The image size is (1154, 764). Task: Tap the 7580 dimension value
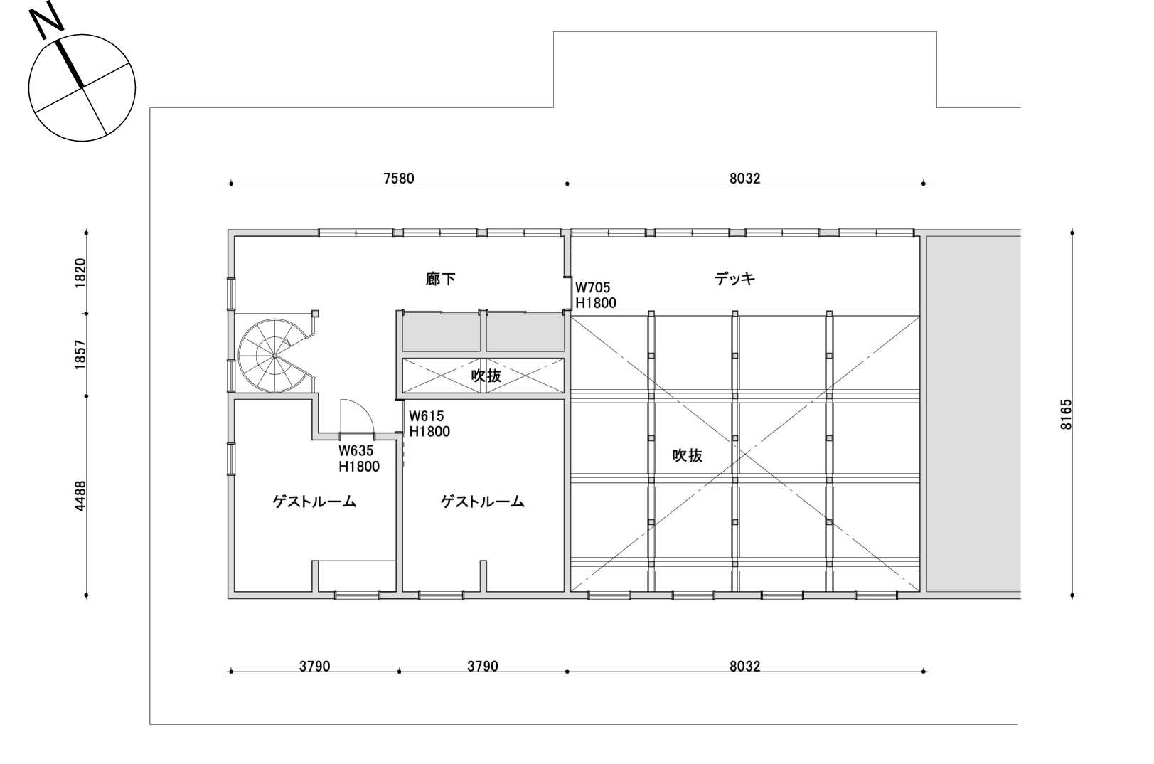[x=399, y=179]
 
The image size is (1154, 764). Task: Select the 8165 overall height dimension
[x=1066, y=414]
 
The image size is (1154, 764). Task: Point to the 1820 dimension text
[x=80, y=273]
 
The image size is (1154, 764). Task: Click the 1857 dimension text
[x=80, y=355]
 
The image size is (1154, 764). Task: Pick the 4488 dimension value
[x=80, y=496]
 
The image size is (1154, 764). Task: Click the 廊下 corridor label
[x=440, y=280]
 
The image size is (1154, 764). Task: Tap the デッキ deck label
[x=734, y=279]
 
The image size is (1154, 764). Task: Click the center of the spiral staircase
[x=274, y=356]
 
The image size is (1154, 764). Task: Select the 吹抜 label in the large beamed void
[x=688, y=456]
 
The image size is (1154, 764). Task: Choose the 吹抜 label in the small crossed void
[x=486, y=376]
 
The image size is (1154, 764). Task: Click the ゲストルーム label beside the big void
[x=482, y=502]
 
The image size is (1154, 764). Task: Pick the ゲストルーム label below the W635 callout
[x=314, y=502]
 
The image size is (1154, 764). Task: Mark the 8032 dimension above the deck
[x=745, y=179]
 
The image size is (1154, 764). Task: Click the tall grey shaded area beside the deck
[x=973, y=414]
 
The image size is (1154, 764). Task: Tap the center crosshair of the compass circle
[x=82, y=87]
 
